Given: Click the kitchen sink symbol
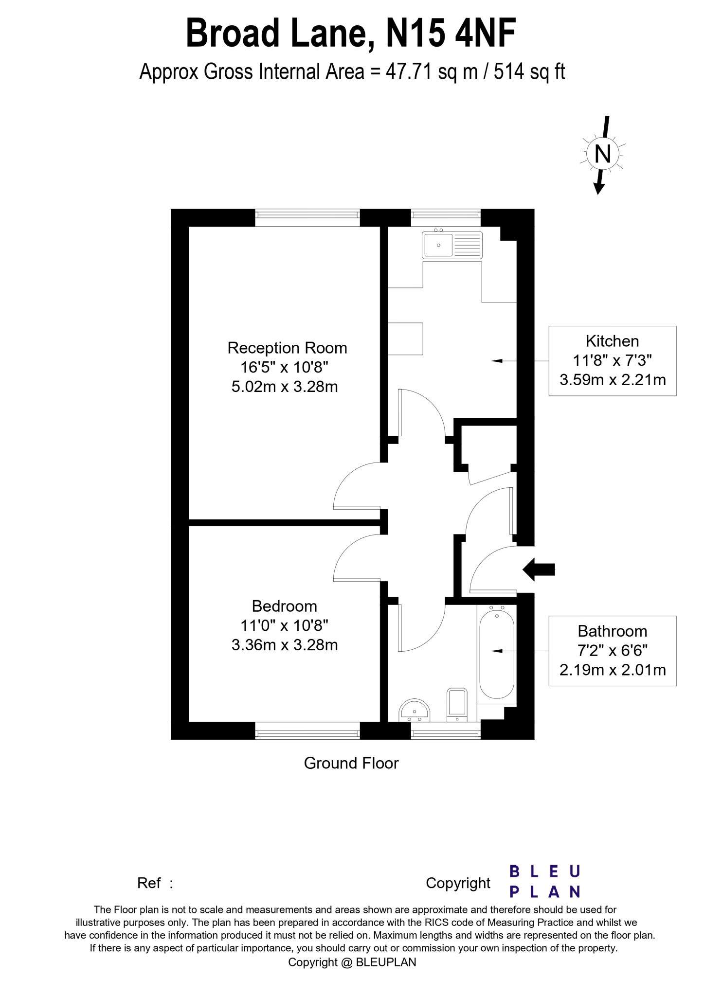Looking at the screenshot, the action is [x=452, y=245].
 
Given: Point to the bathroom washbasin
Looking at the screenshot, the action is [x=415, y=711].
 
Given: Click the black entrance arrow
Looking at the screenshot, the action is [x=539, y=569].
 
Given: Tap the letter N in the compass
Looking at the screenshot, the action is [x=603, y=154].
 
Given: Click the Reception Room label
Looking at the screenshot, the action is [x=287, y=348].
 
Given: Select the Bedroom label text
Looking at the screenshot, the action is [x=284, y=606].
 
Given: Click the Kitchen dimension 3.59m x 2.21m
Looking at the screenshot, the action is [x=613, y=379].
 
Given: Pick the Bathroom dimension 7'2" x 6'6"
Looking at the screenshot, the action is [x=613, y=650].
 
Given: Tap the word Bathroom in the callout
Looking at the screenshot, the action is [x=613, y=631].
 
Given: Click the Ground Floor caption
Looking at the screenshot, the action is [x=351, y=763].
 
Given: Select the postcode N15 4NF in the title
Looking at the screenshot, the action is [x=451, y=33].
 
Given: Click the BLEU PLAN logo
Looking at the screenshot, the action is [x=545, y=881].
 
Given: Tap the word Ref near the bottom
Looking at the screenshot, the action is [x=149, y=883].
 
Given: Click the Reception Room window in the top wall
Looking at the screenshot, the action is [x=307, y=218].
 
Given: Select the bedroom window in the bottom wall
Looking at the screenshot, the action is [x=307, y=731].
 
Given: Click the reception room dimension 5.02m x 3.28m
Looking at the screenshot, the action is [x=284, y=387].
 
